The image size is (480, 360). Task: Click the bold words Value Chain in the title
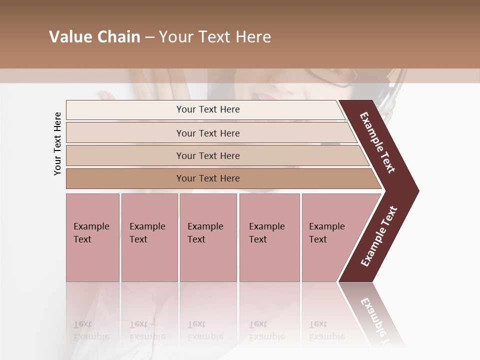pyautogui.click(x=94, y=37)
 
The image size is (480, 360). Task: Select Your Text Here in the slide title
pyautogui.click(x=215, y=37)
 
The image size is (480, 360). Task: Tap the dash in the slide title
pyautogui.click(x=149, y=37)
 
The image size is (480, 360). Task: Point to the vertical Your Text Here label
pyautogui.click(x=57, y=144)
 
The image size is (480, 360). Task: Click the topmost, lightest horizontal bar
pyautogui.click(x=208, y=109)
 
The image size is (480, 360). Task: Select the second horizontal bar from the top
pyautogui.click(x=208, y=133)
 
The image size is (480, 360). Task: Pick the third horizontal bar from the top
pyautogui.click(x=208, y=155)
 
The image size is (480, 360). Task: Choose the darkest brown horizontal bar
pyautogui.click(x=208, y=178)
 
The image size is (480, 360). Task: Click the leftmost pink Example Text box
pyautogui.click(x=92, y=237)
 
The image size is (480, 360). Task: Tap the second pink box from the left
pyautogui.click(x=149, y=237)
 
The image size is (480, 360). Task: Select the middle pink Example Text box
pyautogui.click(x=208, y=237)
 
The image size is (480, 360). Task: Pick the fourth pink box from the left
pyautogui.click(x=269, y=237)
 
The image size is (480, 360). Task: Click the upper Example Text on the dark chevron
pyautogui.click(x=377, y=142)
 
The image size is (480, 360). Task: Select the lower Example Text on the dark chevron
pyautogui.click(x=379, y=236)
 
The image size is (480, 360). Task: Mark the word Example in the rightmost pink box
pyautogui.click(x=326, y=226)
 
